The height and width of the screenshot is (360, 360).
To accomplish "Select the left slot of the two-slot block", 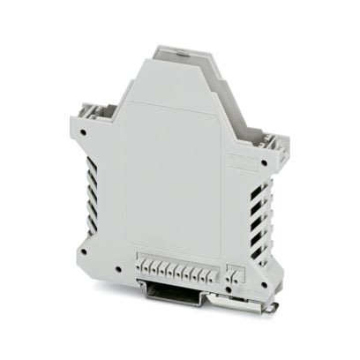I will pos(232,269).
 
